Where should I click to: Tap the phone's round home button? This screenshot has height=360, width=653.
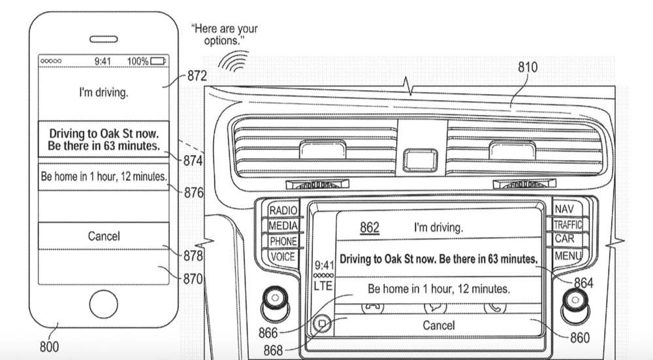tap(103, 304)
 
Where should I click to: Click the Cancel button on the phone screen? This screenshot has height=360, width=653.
tap(104, 236)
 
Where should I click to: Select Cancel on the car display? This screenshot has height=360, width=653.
tap(439, 325)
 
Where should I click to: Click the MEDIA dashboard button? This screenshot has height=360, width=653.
tap(283, 226)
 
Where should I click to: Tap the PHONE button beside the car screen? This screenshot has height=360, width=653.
tap(283, 241)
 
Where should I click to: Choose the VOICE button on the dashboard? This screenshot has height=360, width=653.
tap(283, 256)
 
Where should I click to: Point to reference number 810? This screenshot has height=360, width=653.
tap(528, 67)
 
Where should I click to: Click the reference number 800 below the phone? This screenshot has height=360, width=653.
tap(50, 346)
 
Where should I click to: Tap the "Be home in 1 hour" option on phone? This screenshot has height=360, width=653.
tap(104, 176)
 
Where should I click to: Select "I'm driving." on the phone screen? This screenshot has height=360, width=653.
tap(104, 92)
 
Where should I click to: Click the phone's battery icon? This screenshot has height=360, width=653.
tap(158, 61)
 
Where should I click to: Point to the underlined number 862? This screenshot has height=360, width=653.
tap(370, 227)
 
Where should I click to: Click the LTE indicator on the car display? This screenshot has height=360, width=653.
tap(323, 286)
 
